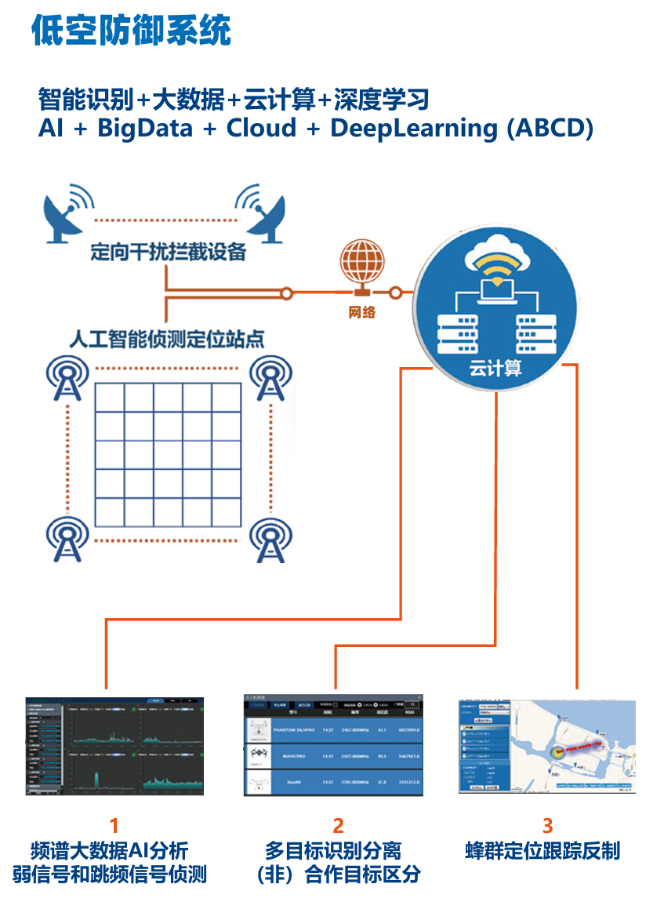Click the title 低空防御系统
[x=132, y=31]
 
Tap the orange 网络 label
[x=362, y=312]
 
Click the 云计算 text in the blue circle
[x=495, y=368]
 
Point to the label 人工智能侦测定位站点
[x=166, y=340]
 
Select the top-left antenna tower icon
[x=70, y=380]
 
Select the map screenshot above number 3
[x=546, y=747]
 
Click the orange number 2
[x=338, y=825]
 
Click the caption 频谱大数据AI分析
[x=110, y=850]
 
